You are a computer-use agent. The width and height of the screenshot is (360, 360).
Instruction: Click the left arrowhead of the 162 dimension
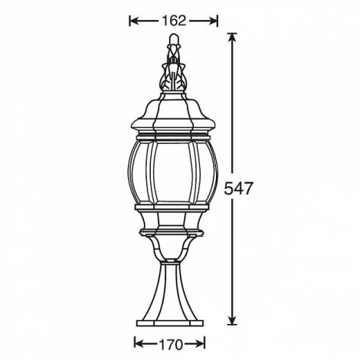(132, 21)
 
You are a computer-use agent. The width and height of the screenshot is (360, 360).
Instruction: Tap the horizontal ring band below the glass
(174, 208)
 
